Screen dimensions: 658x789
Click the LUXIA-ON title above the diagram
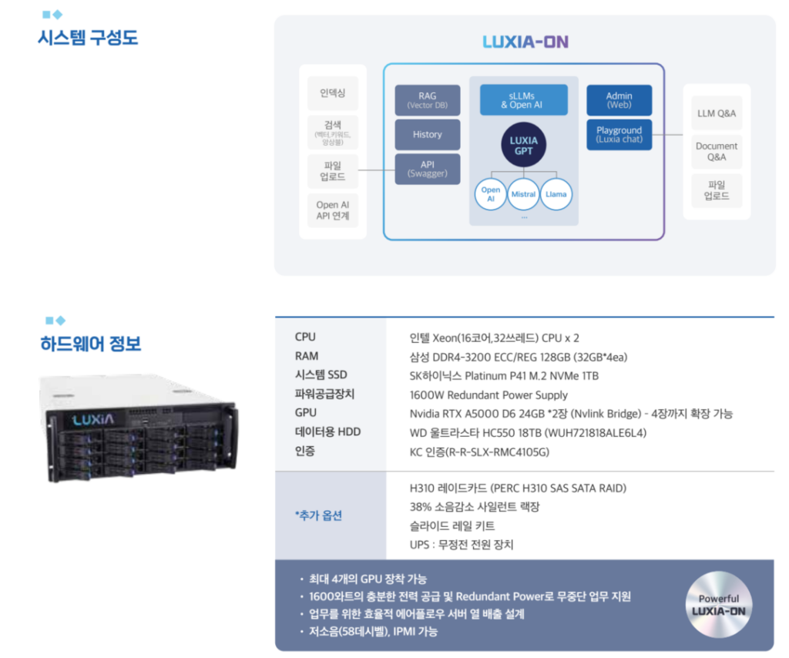coord(525,42)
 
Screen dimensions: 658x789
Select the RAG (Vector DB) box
coord(428,100)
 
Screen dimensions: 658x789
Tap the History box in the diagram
coord(428,134)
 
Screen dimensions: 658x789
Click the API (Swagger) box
coord(428,169)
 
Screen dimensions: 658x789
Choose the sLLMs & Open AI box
coord(524,100)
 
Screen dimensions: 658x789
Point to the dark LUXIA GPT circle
coord(524,146)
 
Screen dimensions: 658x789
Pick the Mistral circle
coord(523,194)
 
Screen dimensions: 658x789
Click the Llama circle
coord(556,194)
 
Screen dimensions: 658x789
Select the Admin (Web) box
coord(619,100)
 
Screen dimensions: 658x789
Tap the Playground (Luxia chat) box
coord(619,134)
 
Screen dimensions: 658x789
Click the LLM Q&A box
coord(717,113)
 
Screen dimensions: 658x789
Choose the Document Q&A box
coord(717,151)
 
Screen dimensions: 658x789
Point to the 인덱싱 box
coord(333,92)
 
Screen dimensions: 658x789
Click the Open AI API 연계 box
coord(333,210)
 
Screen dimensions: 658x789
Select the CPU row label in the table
coord(305,337)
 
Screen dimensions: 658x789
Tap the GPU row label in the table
coord(305,413)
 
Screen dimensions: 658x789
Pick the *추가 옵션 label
coord(318,515)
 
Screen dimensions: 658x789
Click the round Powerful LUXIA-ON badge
coord(718,605)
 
